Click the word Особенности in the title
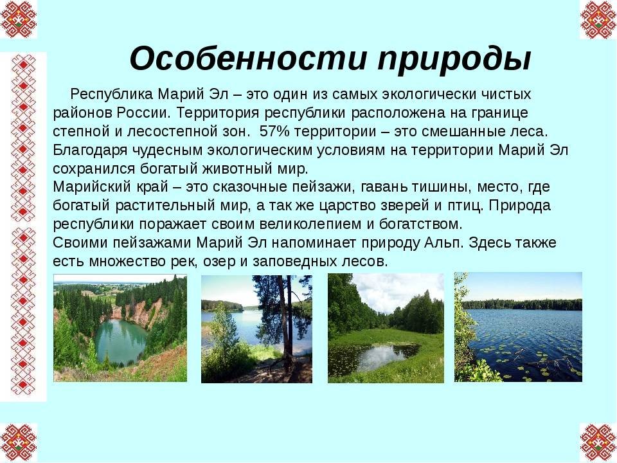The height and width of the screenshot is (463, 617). [x=247, y=59]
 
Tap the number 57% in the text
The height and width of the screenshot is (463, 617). [x=274, y=131]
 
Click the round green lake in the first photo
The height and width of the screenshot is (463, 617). [x=120, y=341]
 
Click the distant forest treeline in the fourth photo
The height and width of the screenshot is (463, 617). [x=522, y=304]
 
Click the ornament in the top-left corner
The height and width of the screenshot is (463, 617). [x=19, y=19]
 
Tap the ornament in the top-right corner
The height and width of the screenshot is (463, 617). [x=598, y=19]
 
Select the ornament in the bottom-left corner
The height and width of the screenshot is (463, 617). [x=19, y=442]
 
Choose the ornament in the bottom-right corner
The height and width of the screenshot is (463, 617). [x=598, y=442]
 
